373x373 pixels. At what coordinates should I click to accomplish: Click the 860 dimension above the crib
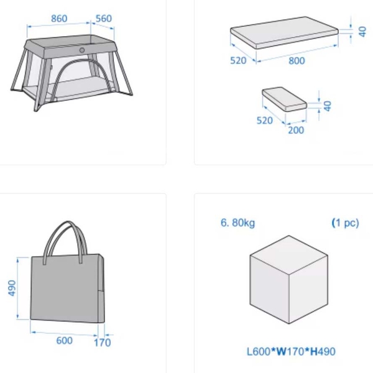[59, 19]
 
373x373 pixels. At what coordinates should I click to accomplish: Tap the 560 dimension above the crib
[104, 19]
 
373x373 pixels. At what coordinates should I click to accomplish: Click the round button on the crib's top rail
[82, 50]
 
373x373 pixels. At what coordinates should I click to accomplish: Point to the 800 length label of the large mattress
[297, 61]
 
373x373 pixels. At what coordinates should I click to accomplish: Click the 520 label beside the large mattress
[238, 60]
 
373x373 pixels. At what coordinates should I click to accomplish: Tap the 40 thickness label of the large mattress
[362, 32]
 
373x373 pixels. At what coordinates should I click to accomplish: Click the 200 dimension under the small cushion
[296, 130]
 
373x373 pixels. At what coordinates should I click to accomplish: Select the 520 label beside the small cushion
[265, 121]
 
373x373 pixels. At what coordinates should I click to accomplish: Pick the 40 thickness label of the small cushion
[328, 106]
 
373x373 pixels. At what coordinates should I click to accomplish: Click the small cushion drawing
[285, 99]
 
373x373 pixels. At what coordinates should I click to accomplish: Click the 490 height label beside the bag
[12, 288]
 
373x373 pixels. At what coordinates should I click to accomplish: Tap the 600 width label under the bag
[64, 341]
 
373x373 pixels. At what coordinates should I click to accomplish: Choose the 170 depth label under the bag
[103, 343]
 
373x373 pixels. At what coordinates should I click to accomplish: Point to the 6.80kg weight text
[237, 223]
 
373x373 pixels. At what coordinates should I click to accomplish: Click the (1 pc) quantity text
[345, 223]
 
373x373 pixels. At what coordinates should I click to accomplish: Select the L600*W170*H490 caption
[291, 351]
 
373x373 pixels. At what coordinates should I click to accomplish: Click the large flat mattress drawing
[285, 32]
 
